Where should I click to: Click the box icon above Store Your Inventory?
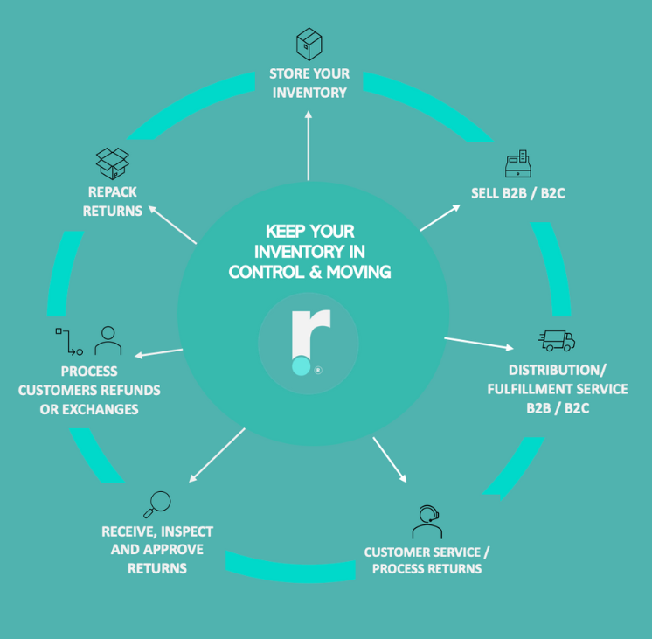coord(309,44)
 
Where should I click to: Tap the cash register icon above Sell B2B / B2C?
coord(518,163)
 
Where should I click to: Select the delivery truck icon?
coord(557,340)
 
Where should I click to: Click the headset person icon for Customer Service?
coord(427,523)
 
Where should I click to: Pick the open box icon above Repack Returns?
coord(113,163)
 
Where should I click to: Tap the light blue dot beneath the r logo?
coord(302,367)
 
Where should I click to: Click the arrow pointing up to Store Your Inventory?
coord(309,144)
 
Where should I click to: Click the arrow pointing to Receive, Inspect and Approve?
coord(216,455)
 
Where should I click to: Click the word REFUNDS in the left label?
coord(131,390)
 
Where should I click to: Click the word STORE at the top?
coord(287,73)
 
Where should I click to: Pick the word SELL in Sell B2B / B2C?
coord(486,193)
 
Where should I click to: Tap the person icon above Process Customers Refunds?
coord(108,341)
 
